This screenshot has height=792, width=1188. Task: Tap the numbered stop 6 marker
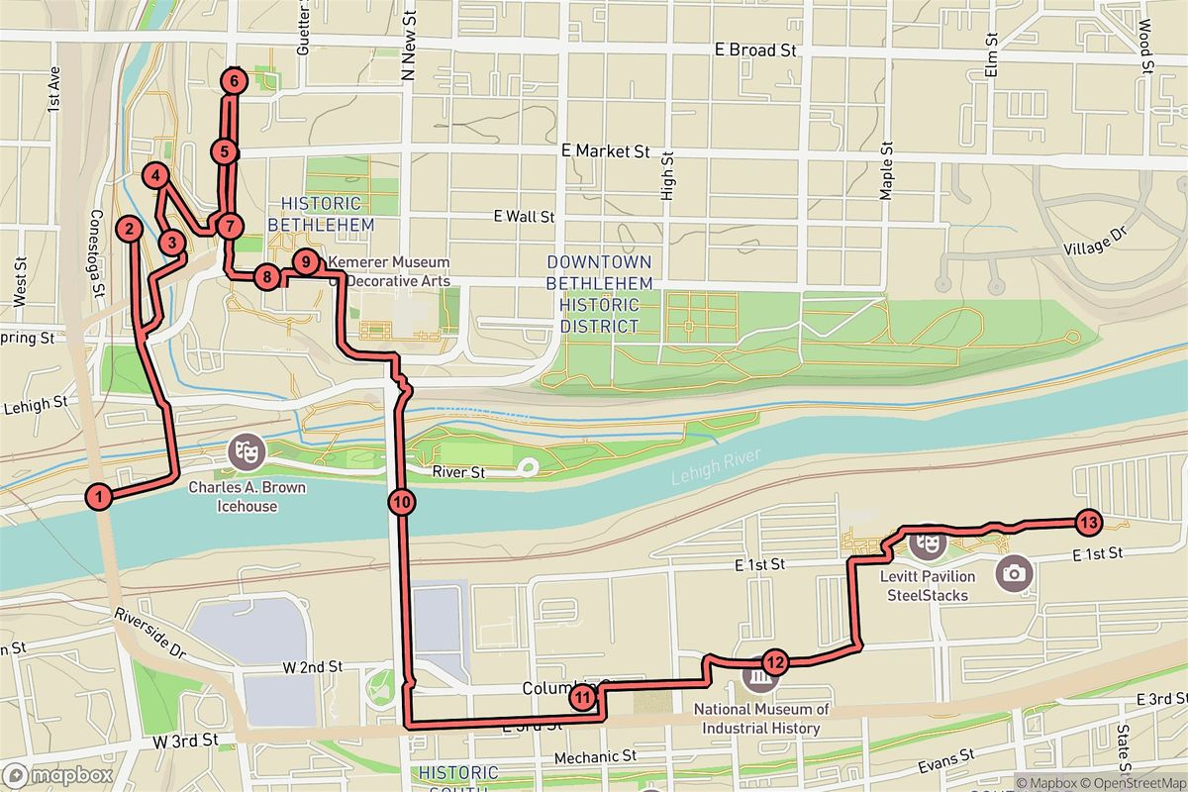(x=233, y=80)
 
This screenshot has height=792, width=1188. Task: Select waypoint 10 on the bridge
(x=401, y=502)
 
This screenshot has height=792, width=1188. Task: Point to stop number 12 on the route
(x=774, y=662)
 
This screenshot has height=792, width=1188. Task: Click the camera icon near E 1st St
(x=1013, y=572)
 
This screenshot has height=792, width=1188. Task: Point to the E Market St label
(x=604, y=151)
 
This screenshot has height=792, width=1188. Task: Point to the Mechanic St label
(x=594, y=756)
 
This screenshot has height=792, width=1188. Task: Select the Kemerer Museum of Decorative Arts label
(x=388, y=271)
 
